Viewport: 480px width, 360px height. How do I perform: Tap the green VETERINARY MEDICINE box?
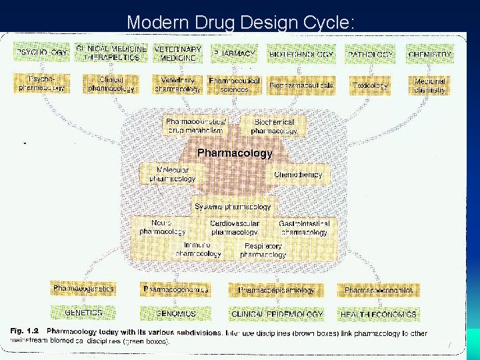(x=177, y=54)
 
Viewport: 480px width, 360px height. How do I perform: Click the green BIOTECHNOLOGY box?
(x=301, y=54)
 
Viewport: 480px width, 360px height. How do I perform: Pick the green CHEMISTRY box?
(x=429, y=54)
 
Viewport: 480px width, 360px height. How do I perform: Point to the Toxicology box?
(x=370, y=85)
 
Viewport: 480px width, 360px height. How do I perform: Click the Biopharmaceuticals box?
(x=301, y=85)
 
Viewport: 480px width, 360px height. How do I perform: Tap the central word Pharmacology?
(x=235, y=153)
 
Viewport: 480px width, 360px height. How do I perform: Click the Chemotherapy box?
(x=298, y=175)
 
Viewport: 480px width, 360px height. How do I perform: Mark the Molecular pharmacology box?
(x=172, y=175)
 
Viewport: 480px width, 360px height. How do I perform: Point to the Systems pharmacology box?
(x=233, y=207)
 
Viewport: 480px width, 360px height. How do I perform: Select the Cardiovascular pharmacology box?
(x=234, y=228)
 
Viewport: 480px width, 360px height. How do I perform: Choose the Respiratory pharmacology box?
(x=263, y=250)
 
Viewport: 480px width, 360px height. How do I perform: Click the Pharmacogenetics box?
(x=84, y=289)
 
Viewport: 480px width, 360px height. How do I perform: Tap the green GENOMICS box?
(x=176, y=313)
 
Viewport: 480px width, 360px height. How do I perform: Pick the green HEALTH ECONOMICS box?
(x=379, y=313)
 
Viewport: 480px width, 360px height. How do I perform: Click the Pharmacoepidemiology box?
(x=277, y=291)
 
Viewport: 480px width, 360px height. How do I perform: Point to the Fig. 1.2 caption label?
(x=25, y=331)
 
